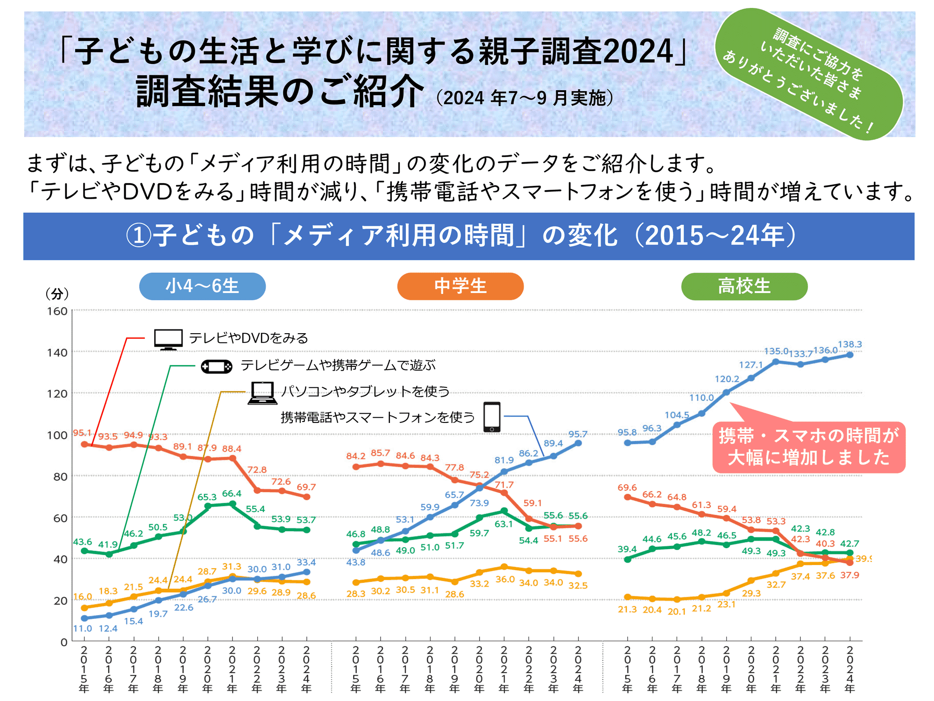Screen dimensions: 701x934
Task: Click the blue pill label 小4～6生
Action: coord(202,286)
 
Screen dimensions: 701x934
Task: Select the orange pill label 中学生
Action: coord(460,286)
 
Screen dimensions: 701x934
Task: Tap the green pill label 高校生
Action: coord(744,286)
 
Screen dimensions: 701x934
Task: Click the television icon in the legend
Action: coord(168,339)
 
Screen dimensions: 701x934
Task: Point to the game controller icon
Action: coord(216,366)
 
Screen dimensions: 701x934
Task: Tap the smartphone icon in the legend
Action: coord(492,417)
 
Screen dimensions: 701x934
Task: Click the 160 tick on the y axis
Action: coord(57,311)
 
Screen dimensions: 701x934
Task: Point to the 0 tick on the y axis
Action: coord(64,642)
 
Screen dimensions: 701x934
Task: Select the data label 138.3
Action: coord(849,344)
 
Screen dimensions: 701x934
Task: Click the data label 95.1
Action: coord(82,433)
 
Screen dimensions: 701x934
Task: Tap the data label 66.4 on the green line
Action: coord(232,494)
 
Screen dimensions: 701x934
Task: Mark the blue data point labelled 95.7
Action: coord(578,443)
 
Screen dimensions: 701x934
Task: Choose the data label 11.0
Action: coord(83,629)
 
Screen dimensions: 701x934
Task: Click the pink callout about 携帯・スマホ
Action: coord(808,447)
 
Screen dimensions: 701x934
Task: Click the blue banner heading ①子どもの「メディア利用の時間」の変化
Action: coord(468,236)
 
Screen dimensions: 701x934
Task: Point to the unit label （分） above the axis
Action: coord(57,294)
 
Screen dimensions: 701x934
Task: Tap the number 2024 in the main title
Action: coord(638,51)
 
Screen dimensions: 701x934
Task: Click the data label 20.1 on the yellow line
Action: coord(677,611)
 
